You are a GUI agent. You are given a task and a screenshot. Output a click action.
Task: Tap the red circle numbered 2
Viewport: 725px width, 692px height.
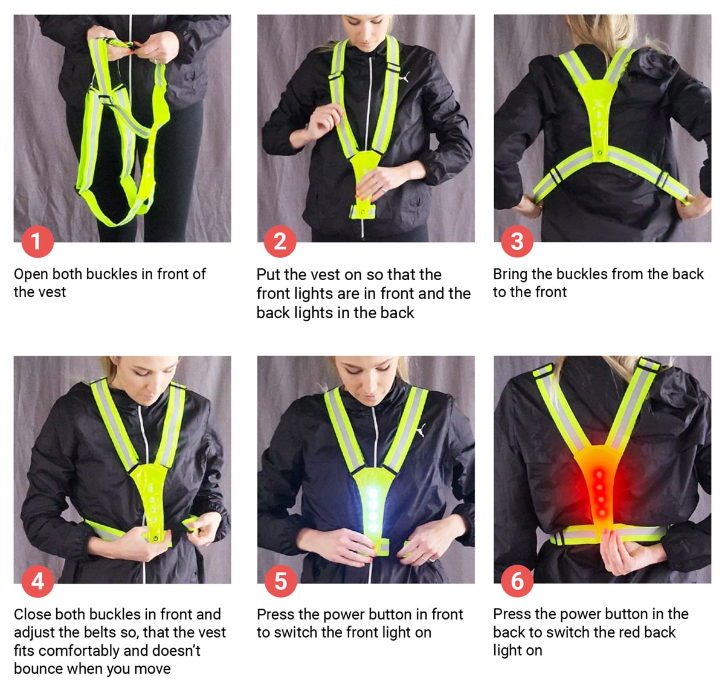[x=280, y=242]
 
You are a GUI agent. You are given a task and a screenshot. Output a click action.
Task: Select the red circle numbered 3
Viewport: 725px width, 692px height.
[x=517, y=242]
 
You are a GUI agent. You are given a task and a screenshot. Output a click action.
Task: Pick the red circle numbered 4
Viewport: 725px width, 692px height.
[x=37, y=581]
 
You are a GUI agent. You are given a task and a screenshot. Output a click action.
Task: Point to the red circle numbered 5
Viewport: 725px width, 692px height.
[x=280, y=581]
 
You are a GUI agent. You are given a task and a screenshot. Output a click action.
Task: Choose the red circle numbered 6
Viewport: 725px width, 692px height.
[x=517, y=581]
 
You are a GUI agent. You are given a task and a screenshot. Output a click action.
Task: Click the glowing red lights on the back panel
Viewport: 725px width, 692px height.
[x=599, y=487]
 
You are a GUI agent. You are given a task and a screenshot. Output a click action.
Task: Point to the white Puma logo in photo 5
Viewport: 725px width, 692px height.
[x=421, y=431]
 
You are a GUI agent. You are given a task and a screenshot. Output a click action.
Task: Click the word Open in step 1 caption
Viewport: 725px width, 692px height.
[x=31, y=275]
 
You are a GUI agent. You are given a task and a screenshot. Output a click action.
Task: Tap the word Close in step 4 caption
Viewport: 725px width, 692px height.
[x=32, y=615]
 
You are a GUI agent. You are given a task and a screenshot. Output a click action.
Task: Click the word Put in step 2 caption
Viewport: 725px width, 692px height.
[x=268, y=275]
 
